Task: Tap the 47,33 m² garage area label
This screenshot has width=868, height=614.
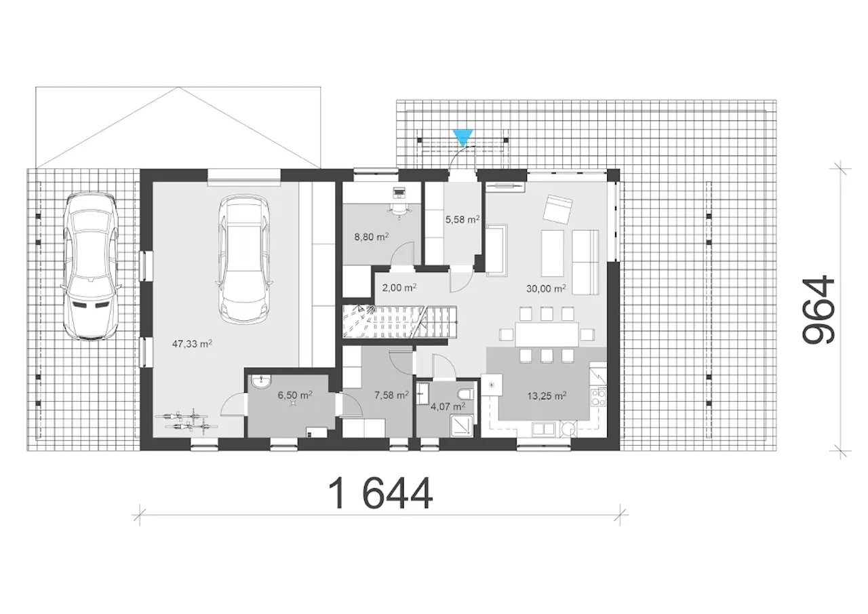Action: (x=192, y=344)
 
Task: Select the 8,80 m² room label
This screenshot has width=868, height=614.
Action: (x=372, y=237)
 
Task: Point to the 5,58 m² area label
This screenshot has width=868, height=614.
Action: (x=462, y=219)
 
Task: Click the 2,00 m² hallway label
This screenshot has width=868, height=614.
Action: (x=399, y=288)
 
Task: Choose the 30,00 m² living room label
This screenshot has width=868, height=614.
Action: (x=546, y=288)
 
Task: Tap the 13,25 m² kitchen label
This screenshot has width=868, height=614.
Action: (x=547, y=396)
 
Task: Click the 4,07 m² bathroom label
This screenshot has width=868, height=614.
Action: (x=448, y=406)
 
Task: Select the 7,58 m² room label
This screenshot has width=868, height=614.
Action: (x=391, y=395)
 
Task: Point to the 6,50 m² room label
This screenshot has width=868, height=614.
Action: (x=295, y=395)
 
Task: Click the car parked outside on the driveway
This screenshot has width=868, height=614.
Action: (x=91, y=267)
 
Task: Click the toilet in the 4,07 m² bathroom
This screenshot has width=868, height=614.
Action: (x=465, y=394)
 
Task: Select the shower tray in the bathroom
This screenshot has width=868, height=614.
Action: (x=462, y=425)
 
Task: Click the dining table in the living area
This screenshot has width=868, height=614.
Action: (x=547, y=334)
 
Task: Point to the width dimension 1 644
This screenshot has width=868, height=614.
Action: (x=380, y=493)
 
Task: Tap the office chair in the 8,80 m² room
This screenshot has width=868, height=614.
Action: (x=400, y=209)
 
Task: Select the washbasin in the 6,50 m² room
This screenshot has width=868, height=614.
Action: (x=261, y=382)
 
